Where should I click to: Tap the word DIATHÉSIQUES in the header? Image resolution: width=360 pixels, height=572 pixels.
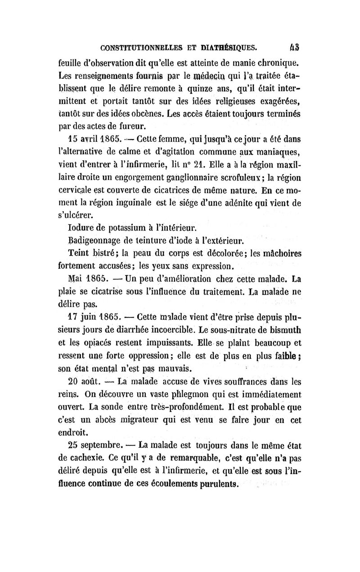tap(229, 46)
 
